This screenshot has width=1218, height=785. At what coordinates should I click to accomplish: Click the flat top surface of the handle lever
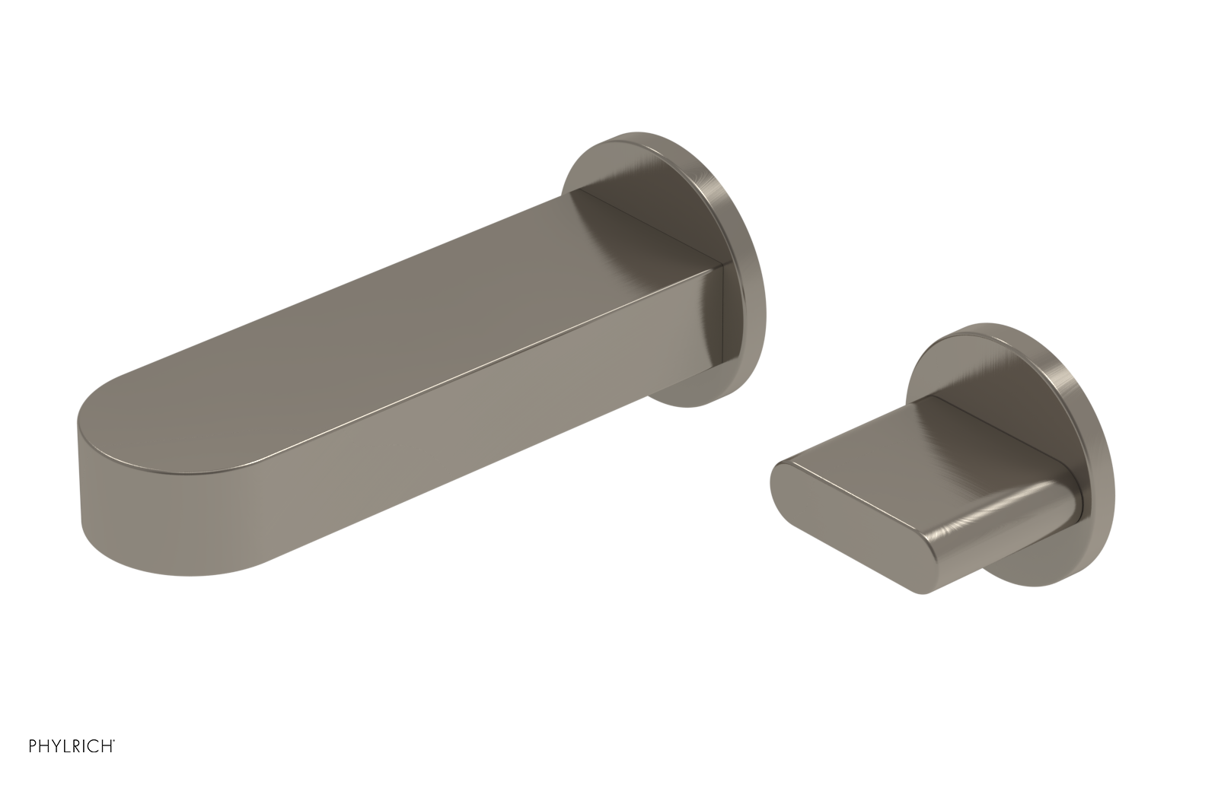[913, 449]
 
